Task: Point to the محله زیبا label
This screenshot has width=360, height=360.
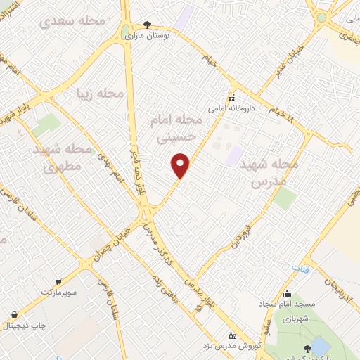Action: [x=100, y=93]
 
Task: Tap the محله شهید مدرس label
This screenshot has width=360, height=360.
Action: [x=269, y=172]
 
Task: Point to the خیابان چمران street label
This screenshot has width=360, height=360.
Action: [x=109, y=242]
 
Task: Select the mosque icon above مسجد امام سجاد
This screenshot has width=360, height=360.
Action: [x=286, y=293]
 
